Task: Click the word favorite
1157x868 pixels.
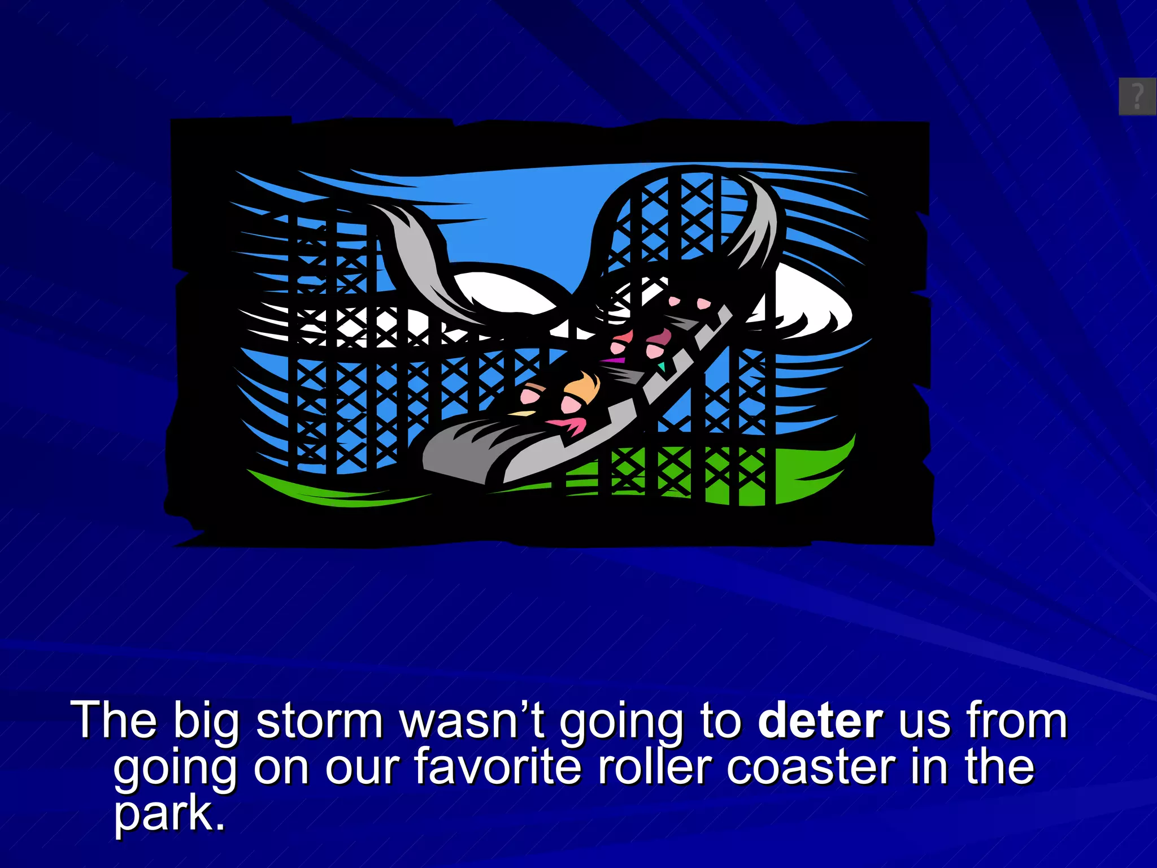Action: pyautogui.click(x=498, y=767)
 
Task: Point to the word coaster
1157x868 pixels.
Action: pyautogui.click(x=811, y=767)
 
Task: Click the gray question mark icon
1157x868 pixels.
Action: pyautogui.click(x=1137, y=96)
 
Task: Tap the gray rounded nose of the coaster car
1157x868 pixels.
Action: pyautogui.click(x=469, y=452)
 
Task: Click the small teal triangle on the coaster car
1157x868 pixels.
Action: pyautogui.click(x=661, y=367)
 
